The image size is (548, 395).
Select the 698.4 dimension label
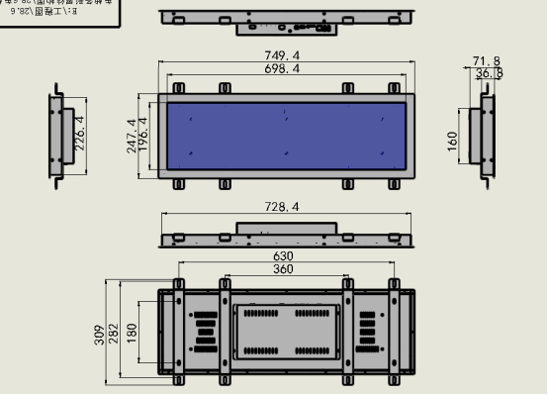point(283,69)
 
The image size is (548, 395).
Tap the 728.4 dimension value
point(283,207)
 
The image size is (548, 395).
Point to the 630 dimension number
point(283,256)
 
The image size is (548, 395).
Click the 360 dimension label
point(283,269)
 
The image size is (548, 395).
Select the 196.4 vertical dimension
point(144,136)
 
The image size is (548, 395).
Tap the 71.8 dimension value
point(487,61)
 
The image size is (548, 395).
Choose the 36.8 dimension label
point(489,73)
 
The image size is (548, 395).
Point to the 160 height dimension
point(453,140)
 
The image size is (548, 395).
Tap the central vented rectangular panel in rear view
point(286,331)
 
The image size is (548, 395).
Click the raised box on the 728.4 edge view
point(286,229)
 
